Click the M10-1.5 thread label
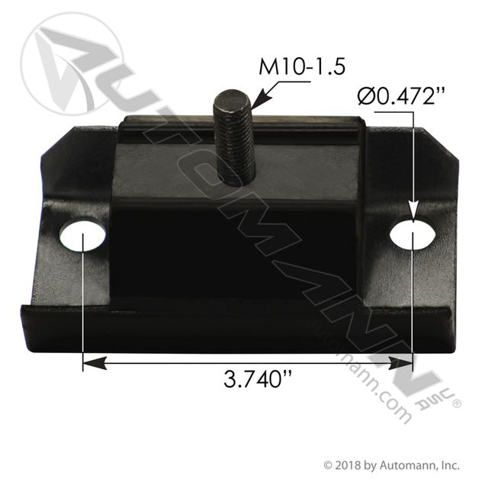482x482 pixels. point(303,66)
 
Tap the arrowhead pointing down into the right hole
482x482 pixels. point(413,213)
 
